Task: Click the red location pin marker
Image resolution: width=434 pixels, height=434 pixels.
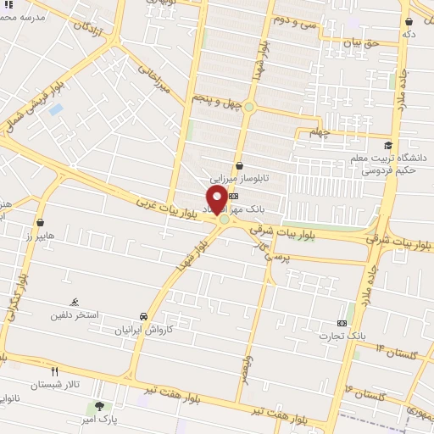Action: point(216,199)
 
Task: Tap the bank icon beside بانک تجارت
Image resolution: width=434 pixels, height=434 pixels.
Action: point(342,323)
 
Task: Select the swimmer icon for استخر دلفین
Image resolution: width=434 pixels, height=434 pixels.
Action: point(76,303)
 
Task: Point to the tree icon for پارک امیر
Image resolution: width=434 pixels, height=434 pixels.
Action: point(100,407)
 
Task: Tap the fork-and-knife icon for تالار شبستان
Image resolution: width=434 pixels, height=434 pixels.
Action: point(55,371)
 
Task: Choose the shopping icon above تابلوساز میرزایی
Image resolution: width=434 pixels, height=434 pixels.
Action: point(240,165)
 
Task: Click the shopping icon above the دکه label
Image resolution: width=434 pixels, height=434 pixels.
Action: point(409,22)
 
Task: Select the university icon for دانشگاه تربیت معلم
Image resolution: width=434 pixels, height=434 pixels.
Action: point(389,146)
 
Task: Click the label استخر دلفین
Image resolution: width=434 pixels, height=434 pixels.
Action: point(75,315)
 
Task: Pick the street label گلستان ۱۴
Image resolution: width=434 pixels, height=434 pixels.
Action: point(393,350)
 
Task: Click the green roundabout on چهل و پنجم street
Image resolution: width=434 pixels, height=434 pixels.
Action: point(249,107)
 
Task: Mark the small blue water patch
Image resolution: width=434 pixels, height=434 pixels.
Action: point(56,109)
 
